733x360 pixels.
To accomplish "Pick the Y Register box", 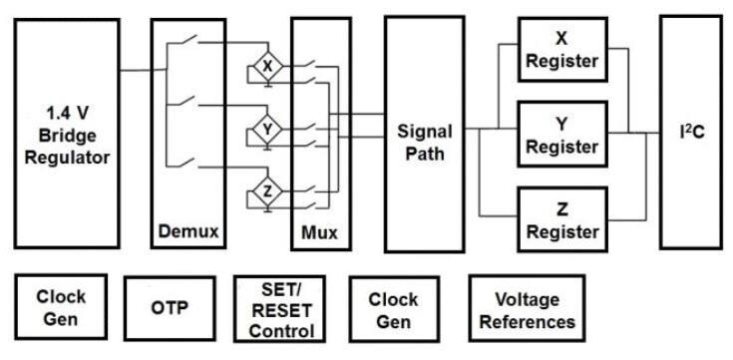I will point(560,135).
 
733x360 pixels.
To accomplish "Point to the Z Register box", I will point(560,220).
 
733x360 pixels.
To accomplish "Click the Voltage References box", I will point(527,309).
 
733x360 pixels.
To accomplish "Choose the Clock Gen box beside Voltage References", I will point(393,309).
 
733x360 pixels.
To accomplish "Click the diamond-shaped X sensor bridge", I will point(266,67).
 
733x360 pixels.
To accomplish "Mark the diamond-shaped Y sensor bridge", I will point(266,130).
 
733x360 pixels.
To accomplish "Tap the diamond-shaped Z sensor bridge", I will point(266,191).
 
